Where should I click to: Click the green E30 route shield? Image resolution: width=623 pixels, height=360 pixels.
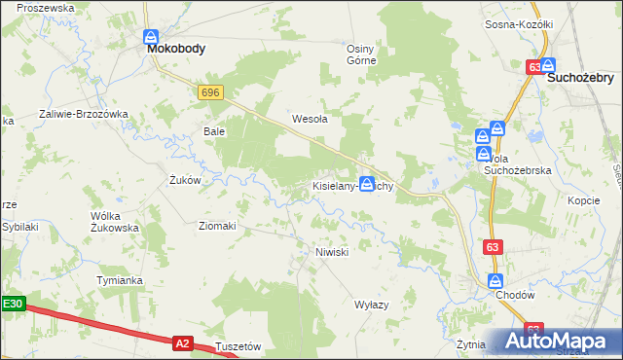pyautogui.click(x=12, y=304)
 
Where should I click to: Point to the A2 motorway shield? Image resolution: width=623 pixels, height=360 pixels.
pyautogui.click(x=182, y=342)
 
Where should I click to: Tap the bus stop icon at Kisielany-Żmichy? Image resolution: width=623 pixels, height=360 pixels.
pyautogui.click(x=367, y=183)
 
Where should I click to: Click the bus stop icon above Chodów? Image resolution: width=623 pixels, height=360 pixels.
pyautogui.click(x=495, y=280)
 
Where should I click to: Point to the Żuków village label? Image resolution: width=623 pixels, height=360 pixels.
pyautogui.click(x=185, y=180)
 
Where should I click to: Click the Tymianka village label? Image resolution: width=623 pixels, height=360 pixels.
pyautogui.click(x=120, y=280)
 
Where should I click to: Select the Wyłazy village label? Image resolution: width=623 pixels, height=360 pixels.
pyautogui.click(x=371, y=305)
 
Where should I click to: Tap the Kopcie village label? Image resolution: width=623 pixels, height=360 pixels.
pyautogui.click(x=583, y=199)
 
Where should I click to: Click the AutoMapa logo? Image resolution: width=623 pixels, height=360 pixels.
pyautogui.click(x=557, y=341)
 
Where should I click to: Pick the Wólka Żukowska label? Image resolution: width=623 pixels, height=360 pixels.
pyautogui.click(x=115, y=221)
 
